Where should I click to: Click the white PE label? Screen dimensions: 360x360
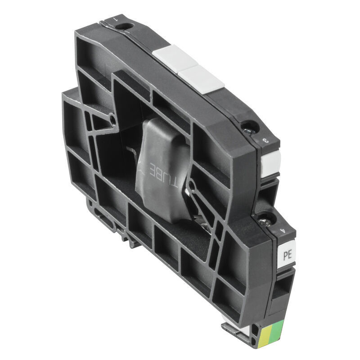point(287,255)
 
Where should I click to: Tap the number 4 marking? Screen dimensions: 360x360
point(282,233)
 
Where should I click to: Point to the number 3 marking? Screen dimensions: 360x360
point(265,141)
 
